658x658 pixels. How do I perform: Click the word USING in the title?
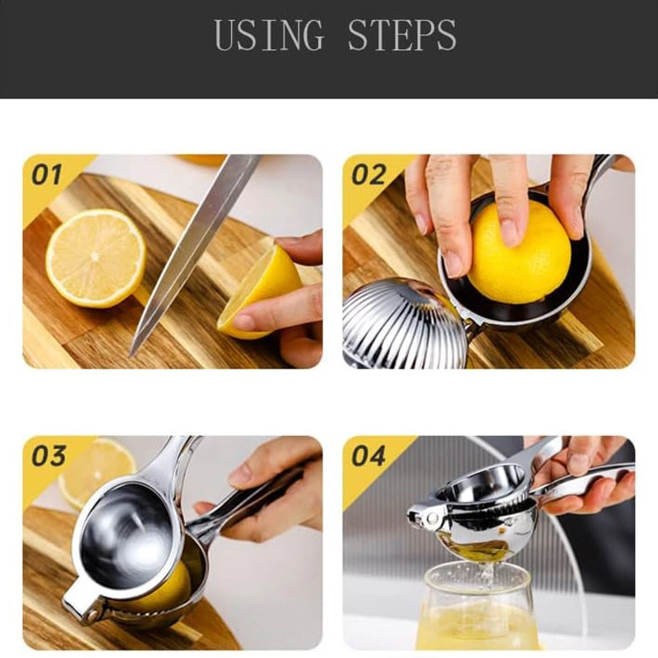(269, 35)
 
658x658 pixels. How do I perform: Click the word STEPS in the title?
(401, 35)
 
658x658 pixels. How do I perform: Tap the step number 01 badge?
(47, 174)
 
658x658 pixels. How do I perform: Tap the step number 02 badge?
(368, 174)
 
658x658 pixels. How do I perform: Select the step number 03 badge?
(47, 456)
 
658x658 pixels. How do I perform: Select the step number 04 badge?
(368, 456)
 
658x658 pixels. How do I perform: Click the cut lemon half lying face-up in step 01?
(95, 257)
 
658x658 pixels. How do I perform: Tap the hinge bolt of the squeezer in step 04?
(425, 517)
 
